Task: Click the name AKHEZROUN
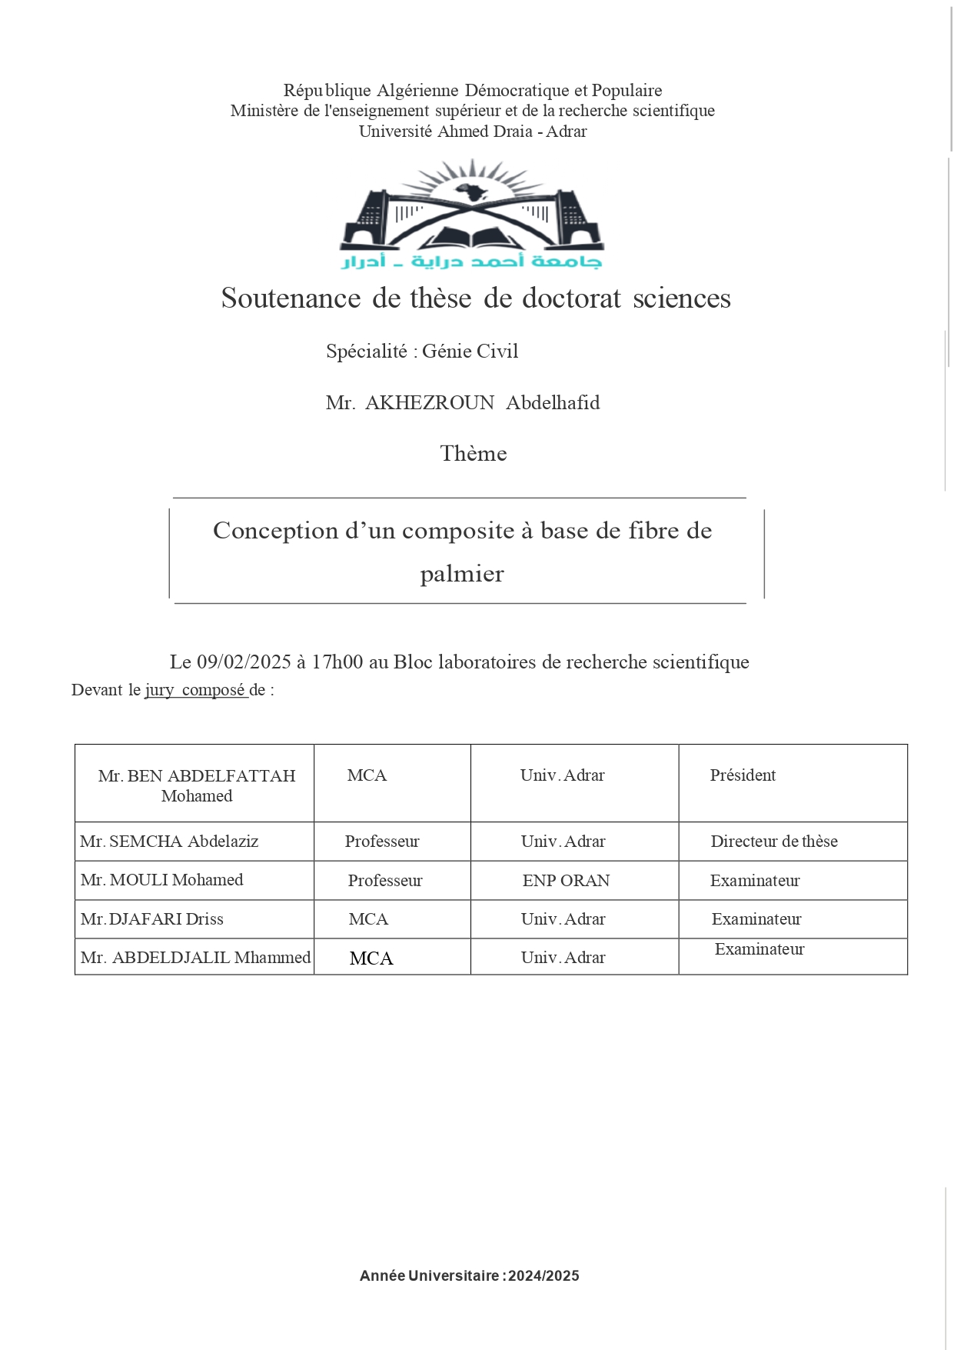click(x=429, y=403)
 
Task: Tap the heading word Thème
click(x=473, y=454)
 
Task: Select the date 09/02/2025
click(x=244, y=662)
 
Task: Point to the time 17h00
click(x=337, y=662)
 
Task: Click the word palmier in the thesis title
click(x=461, y=574)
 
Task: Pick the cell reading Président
click(x=743, y=775)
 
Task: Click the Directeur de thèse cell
click(x=774, y=842)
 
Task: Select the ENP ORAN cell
click(x=566, y=881)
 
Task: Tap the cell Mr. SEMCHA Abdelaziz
click(x=169, y=842)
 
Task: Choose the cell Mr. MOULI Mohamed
click(x=161, y=880)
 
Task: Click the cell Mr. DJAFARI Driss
click(x=152, y=919)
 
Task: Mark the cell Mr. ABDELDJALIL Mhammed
click(x=195, y=958)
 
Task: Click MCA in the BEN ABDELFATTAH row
click(x=367, y=775)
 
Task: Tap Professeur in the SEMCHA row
click(x=382, y=842)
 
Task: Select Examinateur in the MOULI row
click(x=755, y=881)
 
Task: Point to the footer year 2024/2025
click(x=543, y=1276)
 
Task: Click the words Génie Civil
click(x=470, y=352)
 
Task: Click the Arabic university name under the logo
click(x=471, y=262)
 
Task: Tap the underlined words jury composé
click(x=195, y=690)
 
